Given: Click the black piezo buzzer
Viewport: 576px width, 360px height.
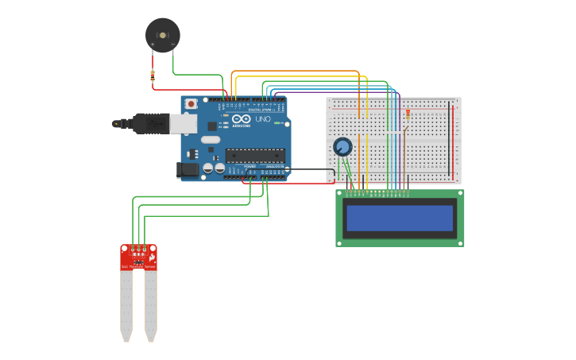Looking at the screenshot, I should [x=162, y=35].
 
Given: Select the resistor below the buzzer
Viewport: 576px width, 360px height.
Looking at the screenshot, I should [x=153, y=75].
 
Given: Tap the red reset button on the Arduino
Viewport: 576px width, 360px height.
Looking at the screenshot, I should [x=192, y=103].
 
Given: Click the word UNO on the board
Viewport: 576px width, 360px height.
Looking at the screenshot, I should [x=263, y=119].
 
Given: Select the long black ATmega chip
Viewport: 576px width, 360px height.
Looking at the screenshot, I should [x=254, y=154].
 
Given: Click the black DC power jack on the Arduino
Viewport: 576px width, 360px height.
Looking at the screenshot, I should [x=186, y=168].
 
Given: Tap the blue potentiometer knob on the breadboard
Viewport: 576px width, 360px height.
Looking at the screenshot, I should [x=342, y=146].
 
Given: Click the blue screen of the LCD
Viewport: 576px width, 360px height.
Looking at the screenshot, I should [x=400, y=218].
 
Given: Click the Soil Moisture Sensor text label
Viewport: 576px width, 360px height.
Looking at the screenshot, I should [x=138, y=267].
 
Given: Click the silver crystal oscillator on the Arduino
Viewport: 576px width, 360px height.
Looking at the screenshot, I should [x=210, y=140].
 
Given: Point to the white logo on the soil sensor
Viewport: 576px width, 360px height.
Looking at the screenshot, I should [x=152, y=257].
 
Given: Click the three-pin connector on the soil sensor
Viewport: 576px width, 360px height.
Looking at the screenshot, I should [x=138, y=250].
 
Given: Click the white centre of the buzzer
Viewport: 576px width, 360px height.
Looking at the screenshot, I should [x=163, y=35].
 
